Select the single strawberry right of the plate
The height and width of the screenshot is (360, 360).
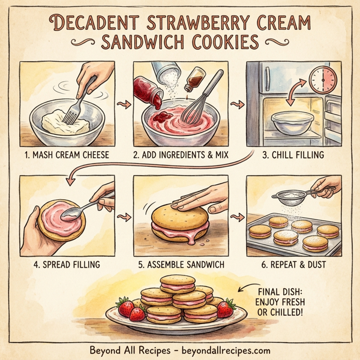[226, 308]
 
